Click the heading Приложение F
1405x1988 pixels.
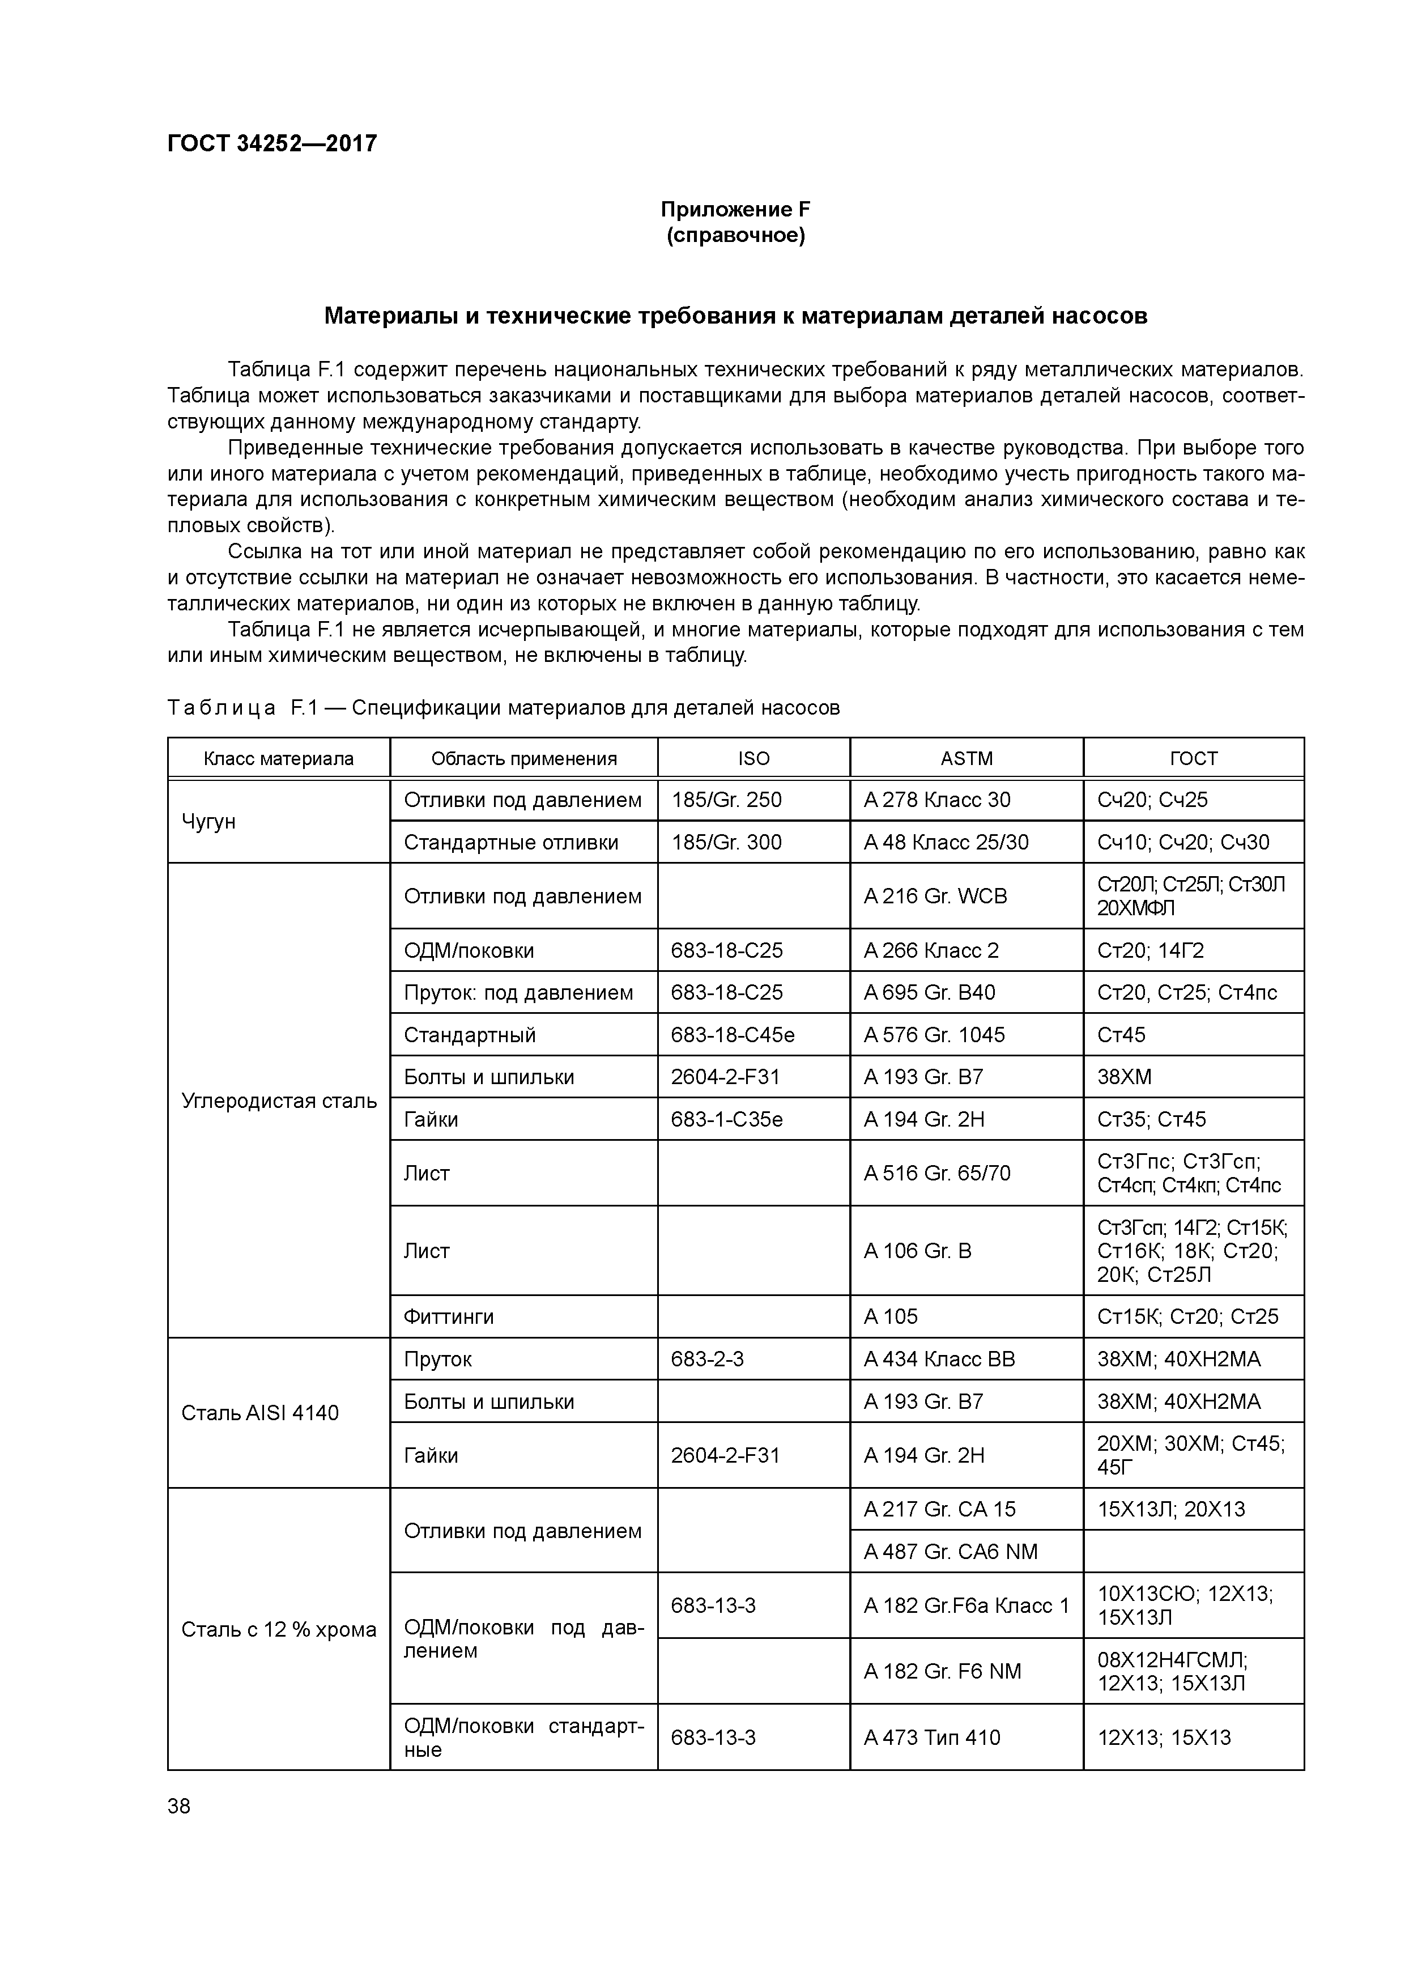tap(735, 210)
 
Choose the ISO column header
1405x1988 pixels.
tap(753, 758)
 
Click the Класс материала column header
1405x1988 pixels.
tap(279, 758)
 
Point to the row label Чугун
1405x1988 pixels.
tap(208, 821)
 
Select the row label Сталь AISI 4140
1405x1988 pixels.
tap(259, 1413)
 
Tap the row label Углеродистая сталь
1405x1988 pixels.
tap(279, 1101)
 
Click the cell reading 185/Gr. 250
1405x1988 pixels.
tap(726, 799)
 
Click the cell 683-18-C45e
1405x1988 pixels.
tap(733, 1035)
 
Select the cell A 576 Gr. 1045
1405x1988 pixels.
tap(934, 1035)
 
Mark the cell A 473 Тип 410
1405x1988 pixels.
tap(931, 1737)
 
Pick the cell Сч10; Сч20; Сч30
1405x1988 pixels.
tap(1182, 842)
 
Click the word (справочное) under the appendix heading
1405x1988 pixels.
tap(735, 236)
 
